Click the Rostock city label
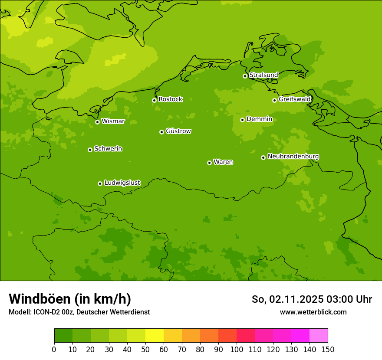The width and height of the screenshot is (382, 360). (170, 99)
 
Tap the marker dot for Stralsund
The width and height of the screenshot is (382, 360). (245, 76)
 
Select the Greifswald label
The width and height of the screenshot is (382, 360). (294, 99)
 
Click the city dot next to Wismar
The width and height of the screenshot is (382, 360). (97, 122)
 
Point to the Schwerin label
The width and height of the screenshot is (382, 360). (108, 149)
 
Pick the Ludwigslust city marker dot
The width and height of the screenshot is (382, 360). (100, 183)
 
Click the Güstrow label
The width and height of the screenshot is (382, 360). (178, 131)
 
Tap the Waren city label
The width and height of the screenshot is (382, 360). (223, 162)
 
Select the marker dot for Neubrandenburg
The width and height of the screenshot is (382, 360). (263, 157)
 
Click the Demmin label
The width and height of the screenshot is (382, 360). (259, 119)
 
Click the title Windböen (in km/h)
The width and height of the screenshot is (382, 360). (70, 299)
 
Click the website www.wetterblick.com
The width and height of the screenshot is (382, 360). (313, 312)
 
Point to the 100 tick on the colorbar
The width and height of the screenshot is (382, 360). (237, 349)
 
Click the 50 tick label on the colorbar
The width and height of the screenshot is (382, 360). (145, 349)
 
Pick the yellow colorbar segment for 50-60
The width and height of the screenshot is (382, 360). (155, 336)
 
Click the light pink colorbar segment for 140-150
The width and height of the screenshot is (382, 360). (319, 336)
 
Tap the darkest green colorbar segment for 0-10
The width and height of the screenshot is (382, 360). (63, 336)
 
